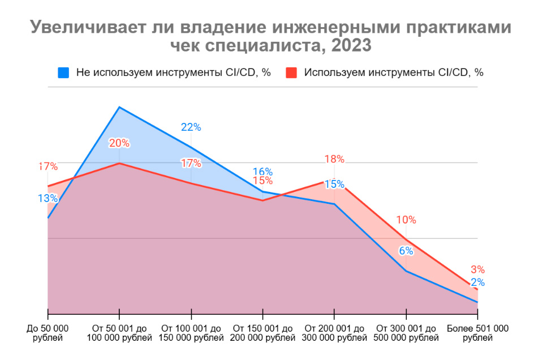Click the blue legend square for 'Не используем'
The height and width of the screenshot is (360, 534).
pos(63,72)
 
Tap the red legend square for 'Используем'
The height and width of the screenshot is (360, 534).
pos(291,72)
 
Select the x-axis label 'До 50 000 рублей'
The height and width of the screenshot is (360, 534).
pos(48,333)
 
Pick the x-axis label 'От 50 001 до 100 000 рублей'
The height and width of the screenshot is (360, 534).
pos(119,333)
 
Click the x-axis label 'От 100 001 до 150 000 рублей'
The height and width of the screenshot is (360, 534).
pos(191,333)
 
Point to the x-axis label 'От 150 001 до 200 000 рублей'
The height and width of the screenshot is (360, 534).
pos(263,333)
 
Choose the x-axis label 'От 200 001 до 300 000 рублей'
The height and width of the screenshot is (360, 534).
pos(334,333)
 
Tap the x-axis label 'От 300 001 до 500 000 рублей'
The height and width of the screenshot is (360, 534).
pos(406,333)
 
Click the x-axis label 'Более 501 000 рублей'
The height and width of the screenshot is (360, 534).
pos(478,333)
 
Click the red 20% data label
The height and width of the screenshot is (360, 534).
pos(119,143)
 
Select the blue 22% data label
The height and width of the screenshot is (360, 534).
pos(191,127)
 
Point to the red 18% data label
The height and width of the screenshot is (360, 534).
pos(334,159)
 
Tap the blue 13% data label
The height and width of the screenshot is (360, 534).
pos(48,198)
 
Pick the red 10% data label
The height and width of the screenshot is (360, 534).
pos(406,220)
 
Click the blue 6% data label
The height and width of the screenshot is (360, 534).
pos(406,251)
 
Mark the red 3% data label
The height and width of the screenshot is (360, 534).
pos(478,270)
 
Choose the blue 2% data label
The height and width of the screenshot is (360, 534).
pos(478,282)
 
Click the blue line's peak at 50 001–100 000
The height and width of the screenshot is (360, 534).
pos(119,107)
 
